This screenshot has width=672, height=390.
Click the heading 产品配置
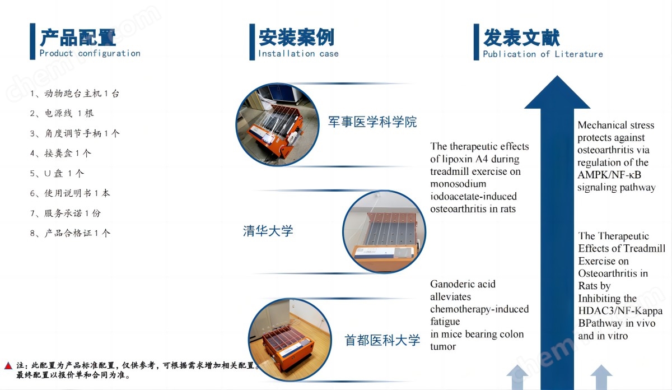pyautogui.click(x=78, y=38)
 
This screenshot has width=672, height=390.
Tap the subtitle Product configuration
pyautogui.click(x=90, y=53)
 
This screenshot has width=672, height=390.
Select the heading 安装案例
pyautogui.click(x=296, y=38)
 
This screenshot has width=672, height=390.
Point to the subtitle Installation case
pyautogui.click(x=298, y=54)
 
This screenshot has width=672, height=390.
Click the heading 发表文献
pyautogui.click(x=521, y=38)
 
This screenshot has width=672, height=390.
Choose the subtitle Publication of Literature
pyautogui.click(x=543, y=54)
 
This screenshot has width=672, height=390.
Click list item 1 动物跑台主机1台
pyautogui.click(x=74, y=94)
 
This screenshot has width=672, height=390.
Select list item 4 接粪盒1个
pyautogui.click(x=60, y=154)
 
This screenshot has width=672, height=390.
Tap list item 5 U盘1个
pyautogui.click(x=57, y=173)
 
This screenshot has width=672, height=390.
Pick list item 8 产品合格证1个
pyautogui.click(x=70, y=233)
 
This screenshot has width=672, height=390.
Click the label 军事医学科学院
pyautogui.click(x=372, y=122)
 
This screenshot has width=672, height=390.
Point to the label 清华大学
pyautogui.click(x=268, y=231)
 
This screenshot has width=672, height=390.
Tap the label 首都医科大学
pyautogui.click(x=382, y=340)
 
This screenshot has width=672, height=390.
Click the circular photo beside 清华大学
pyautogui.click(x=384, y=232)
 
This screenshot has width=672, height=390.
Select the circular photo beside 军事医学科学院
pyautogui.click(x=278, y=124)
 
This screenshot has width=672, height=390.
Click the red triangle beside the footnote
pyautogui.click(x=8, y=365)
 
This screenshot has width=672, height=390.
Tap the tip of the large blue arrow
pyautogui.click(x=557, y=76)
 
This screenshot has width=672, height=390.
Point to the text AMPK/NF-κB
pyautogui.click(x=609, y=175)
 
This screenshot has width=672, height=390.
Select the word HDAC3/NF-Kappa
pyautogui.click(x=620, y=311)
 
